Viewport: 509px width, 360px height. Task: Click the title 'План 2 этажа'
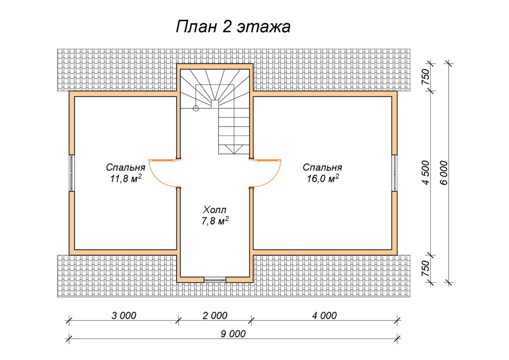(233, 27)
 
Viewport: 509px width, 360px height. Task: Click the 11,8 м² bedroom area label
(125, 178)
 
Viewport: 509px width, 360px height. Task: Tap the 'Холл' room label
(216, 209)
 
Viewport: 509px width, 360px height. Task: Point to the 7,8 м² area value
(215, 221)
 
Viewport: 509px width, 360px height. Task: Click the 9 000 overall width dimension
(233, 334)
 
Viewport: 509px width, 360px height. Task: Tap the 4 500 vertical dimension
(426, 172)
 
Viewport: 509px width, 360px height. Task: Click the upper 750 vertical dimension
(426, 77)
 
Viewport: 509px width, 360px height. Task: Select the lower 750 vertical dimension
(426, 268)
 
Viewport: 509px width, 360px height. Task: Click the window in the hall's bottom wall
(215, 279)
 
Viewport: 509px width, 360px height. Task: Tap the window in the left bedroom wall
(72, 173)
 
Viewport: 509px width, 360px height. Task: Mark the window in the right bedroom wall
(395, 173)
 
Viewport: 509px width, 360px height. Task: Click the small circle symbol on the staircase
(195, 108)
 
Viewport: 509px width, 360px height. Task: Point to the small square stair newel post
(215, 104)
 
